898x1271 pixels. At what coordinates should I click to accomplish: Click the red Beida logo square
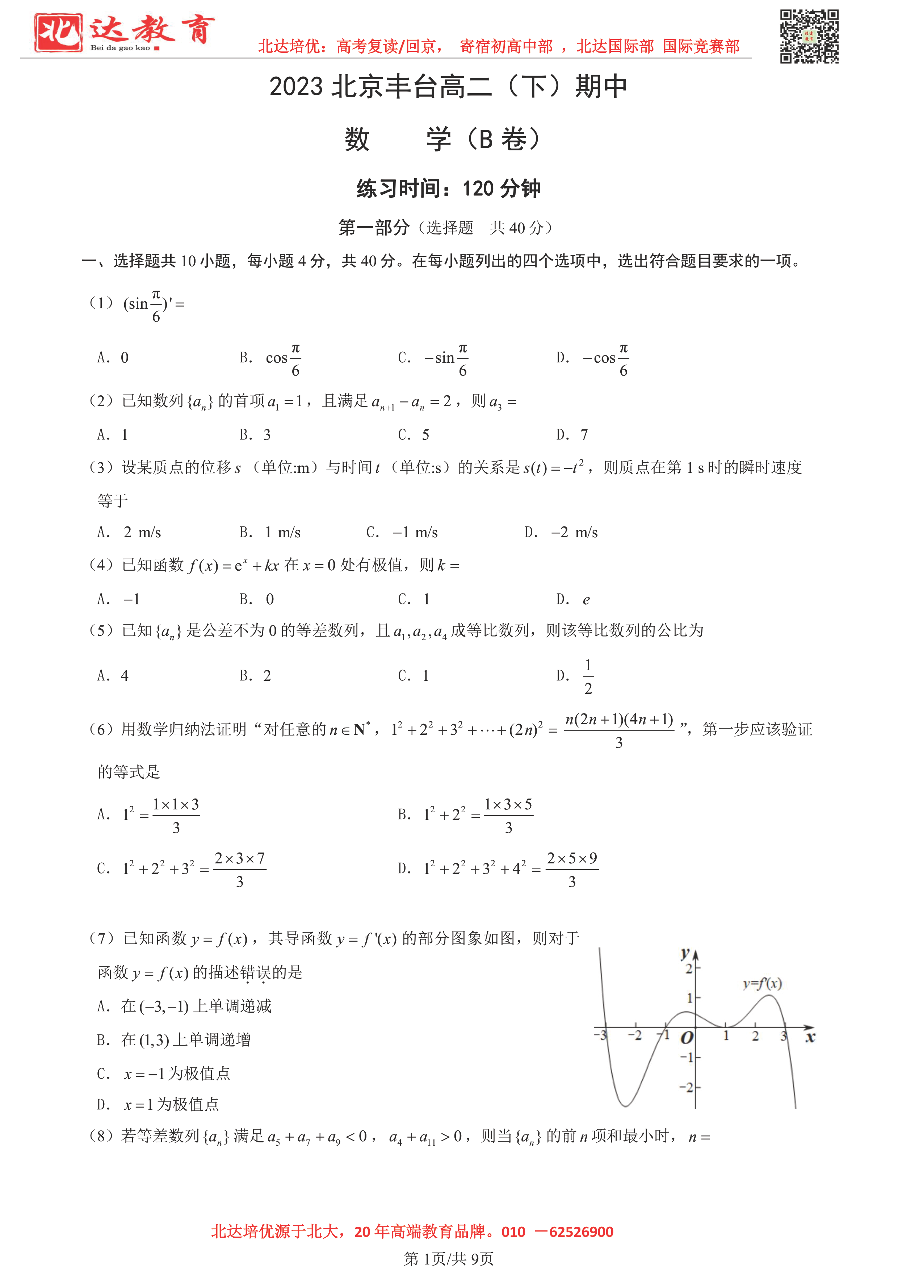click(58, 33)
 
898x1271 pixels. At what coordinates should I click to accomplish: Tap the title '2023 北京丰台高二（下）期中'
click(448, 87)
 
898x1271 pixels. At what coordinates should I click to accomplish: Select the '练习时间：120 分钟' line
click(448, 189)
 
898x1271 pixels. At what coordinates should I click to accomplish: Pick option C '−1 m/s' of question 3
click(415, 533)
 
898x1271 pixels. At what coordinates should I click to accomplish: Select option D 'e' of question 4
click(586, 600)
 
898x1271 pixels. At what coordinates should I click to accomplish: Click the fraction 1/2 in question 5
click(588, 676)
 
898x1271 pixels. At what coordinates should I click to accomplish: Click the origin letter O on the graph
click(687, 1038)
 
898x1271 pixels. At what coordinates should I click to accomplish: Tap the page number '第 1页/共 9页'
click(448, 1259)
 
